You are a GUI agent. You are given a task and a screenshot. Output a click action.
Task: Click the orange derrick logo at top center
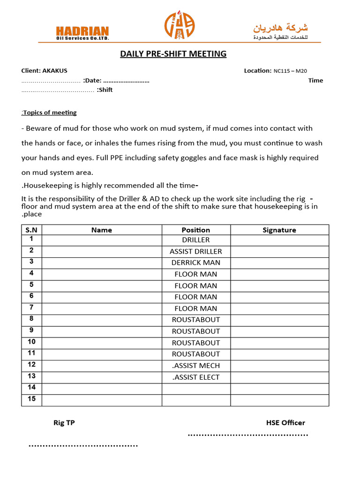pos(179,26)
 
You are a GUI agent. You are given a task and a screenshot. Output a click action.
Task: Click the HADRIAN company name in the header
pos(82,30)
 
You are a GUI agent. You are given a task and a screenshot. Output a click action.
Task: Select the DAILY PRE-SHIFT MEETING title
pos(173,54)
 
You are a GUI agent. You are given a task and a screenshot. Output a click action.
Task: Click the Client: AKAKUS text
pos(44,71)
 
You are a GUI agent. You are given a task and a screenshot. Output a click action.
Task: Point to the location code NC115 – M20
pos(290,71)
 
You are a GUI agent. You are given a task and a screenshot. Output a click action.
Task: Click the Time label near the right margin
pos(315,81)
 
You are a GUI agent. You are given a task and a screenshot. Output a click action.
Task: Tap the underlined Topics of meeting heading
pos(49,112)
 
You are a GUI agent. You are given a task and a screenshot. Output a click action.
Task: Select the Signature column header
pos(279,230)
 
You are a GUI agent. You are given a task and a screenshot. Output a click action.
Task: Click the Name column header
pos(102,230)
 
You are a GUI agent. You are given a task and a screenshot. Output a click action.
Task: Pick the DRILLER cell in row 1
pos(196,240)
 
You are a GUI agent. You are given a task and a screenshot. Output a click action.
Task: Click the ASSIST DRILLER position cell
pos(196,251)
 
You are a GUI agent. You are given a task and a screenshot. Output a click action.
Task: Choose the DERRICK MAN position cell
pos(196,262)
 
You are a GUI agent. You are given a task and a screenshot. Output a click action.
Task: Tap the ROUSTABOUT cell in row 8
pos(196,320)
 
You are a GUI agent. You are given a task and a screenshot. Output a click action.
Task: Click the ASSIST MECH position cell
pos(196,366)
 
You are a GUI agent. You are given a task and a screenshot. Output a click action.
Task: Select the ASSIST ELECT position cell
pos(196,377)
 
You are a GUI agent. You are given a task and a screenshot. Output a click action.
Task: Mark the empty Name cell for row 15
pos(102,400)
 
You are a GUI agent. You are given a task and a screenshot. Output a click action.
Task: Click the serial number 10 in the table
pos(31,342)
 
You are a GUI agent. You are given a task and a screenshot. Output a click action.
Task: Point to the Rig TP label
pos(64,423)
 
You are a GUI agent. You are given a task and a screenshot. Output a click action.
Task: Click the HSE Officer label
pos(285,423)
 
